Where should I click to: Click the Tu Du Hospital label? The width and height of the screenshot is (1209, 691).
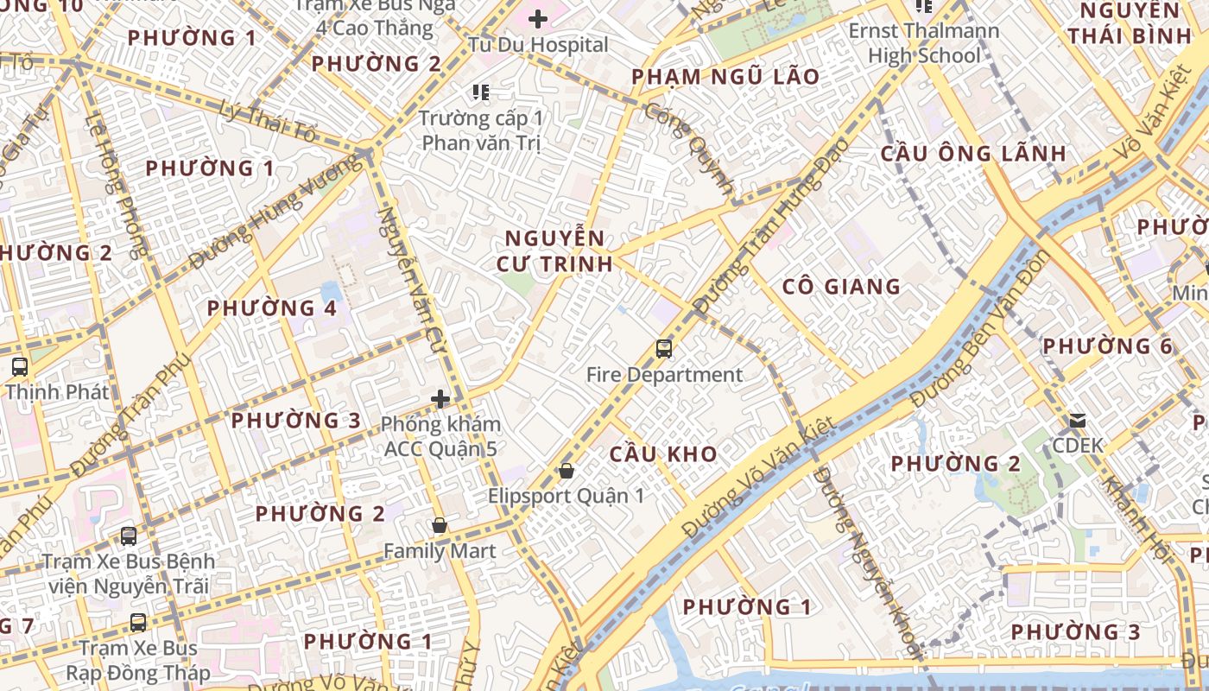(x=538, y=44)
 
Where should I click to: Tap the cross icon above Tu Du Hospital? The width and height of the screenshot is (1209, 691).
(x=538, y=18)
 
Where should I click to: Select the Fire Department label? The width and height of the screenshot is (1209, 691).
(x=664, y=375)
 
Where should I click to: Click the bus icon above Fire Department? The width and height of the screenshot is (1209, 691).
(x=664, y=349)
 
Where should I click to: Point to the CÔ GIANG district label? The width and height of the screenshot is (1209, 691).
(x=840, y=287)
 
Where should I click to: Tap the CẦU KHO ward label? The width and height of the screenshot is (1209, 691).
(x=663, y=453)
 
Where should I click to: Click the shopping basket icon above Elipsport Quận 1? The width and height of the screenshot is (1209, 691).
(x=567, y=471)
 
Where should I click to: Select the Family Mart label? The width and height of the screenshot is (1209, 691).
(x=440, y=551)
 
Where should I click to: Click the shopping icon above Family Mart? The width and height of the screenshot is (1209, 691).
(x=440, y=525)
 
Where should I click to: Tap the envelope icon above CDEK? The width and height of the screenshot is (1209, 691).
(x=1078, y=421)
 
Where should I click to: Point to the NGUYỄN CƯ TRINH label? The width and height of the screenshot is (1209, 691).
(x=555, y=250)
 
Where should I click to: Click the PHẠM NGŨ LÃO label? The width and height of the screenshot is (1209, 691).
(x=725, y=77)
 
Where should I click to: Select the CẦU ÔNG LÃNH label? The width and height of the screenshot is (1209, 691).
(x=973, y=154)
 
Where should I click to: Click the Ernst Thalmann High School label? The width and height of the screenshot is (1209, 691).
(x=924, y=43)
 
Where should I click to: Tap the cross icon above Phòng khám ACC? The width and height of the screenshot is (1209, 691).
(x=440, y=399)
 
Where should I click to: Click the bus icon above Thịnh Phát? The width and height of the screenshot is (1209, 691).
(x=20, y=366)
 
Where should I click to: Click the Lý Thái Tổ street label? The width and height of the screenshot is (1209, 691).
(x=269, y=122)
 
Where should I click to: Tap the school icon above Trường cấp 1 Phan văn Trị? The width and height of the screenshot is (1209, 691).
(x=481, y=92)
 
